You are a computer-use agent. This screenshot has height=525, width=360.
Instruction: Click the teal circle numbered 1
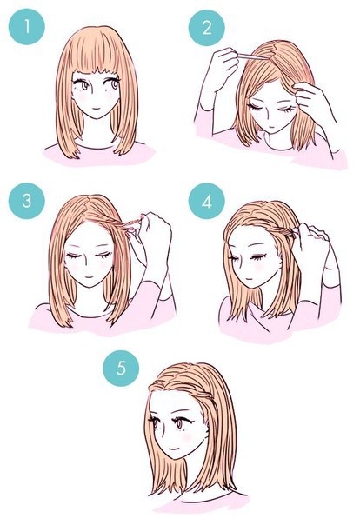[x=27, y=27]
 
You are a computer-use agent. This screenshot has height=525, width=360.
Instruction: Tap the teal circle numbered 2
[x=207, y=28]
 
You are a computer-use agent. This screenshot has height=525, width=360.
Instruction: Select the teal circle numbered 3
[x=27, y=201]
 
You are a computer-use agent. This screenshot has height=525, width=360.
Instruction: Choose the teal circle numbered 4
[x=207, y=201]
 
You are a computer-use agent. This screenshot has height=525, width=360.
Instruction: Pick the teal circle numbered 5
[x=121, y=369]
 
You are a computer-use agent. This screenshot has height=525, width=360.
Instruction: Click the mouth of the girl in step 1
[x=96, y=108]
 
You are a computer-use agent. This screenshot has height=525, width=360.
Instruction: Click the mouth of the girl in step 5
[x=174, y=448]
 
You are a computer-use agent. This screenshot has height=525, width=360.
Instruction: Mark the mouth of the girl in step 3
[x=89, y=277]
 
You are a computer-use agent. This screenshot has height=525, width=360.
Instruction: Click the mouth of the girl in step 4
[x=248, y=279]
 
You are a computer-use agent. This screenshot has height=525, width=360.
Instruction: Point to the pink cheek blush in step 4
[x=258, y=268]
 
